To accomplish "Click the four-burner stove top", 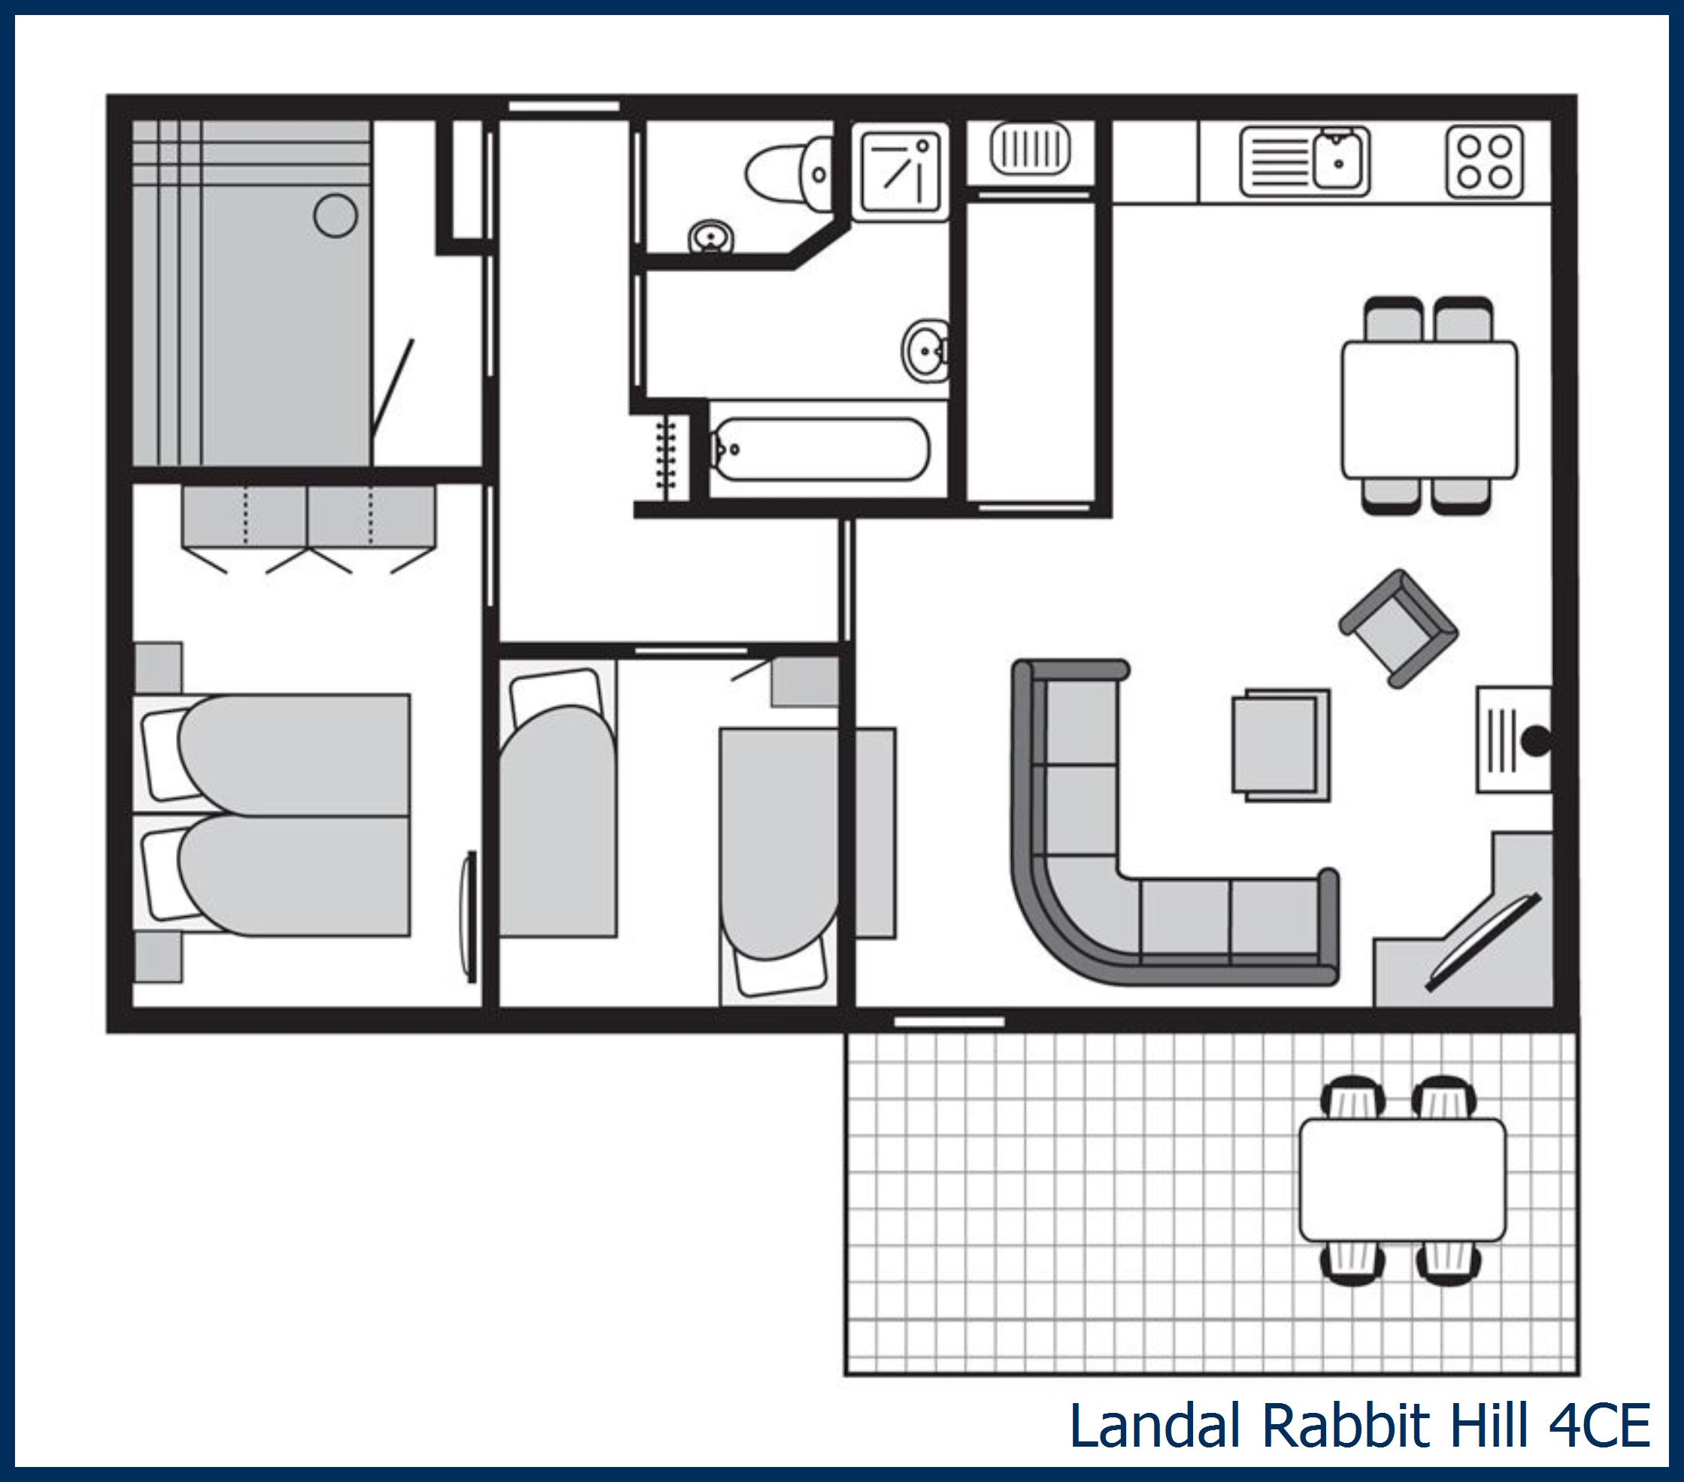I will [x=1484, y=162].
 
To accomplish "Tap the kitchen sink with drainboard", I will [x=1304, y=162].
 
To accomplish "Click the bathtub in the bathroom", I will [x=819, y=450].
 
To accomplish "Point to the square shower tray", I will [x=900, y=171].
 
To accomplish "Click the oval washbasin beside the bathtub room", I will [x=925, y=352].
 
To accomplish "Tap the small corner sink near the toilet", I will [x=711, y=237].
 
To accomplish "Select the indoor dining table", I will [x=1428, y=409].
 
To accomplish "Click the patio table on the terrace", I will [x=1401, y=1180].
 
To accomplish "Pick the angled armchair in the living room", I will [x=1398, y=628].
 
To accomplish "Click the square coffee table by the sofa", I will [x=1280, y=745].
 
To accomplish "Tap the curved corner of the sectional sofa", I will [x=1063, y=923].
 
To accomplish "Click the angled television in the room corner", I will [x=1483, y=942].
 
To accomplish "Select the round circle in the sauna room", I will [x=335, y=216].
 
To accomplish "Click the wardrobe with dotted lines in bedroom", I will [x=308, y=516].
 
